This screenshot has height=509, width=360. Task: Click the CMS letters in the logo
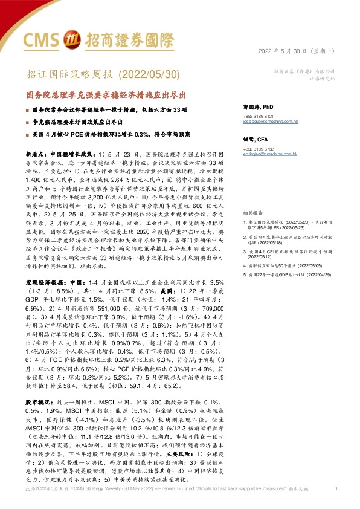click(43, 39)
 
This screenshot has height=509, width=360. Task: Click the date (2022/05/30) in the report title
click(149, 74)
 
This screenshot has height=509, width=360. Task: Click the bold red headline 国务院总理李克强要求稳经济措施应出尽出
click(105, 96)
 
